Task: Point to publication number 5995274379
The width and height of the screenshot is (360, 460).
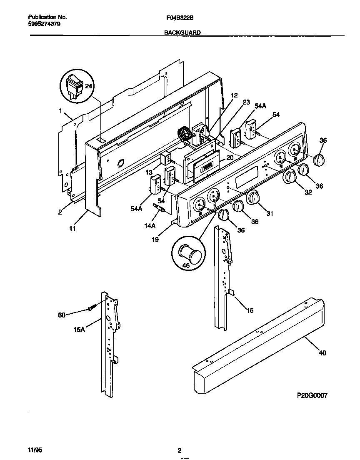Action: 45,24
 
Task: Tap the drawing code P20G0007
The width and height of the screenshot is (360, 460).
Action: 312,395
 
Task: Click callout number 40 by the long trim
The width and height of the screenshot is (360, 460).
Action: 322,353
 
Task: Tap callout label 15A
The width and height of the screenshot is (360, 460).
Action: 79,329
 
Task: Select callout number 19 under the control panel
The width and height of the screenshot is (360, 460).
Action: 155,240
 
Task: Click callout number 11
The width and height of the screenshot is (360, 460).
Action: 72,228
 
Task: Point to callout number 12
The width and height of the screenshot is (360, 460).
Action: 234,95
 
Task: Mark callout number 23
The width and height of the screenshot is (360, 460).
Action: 246,102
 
